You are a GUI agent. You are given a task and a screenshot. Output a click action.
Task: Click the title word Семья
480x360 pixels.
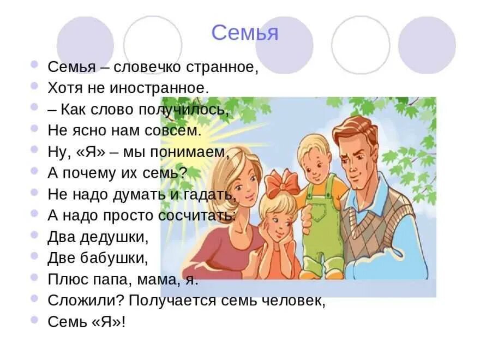(244, 33)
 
